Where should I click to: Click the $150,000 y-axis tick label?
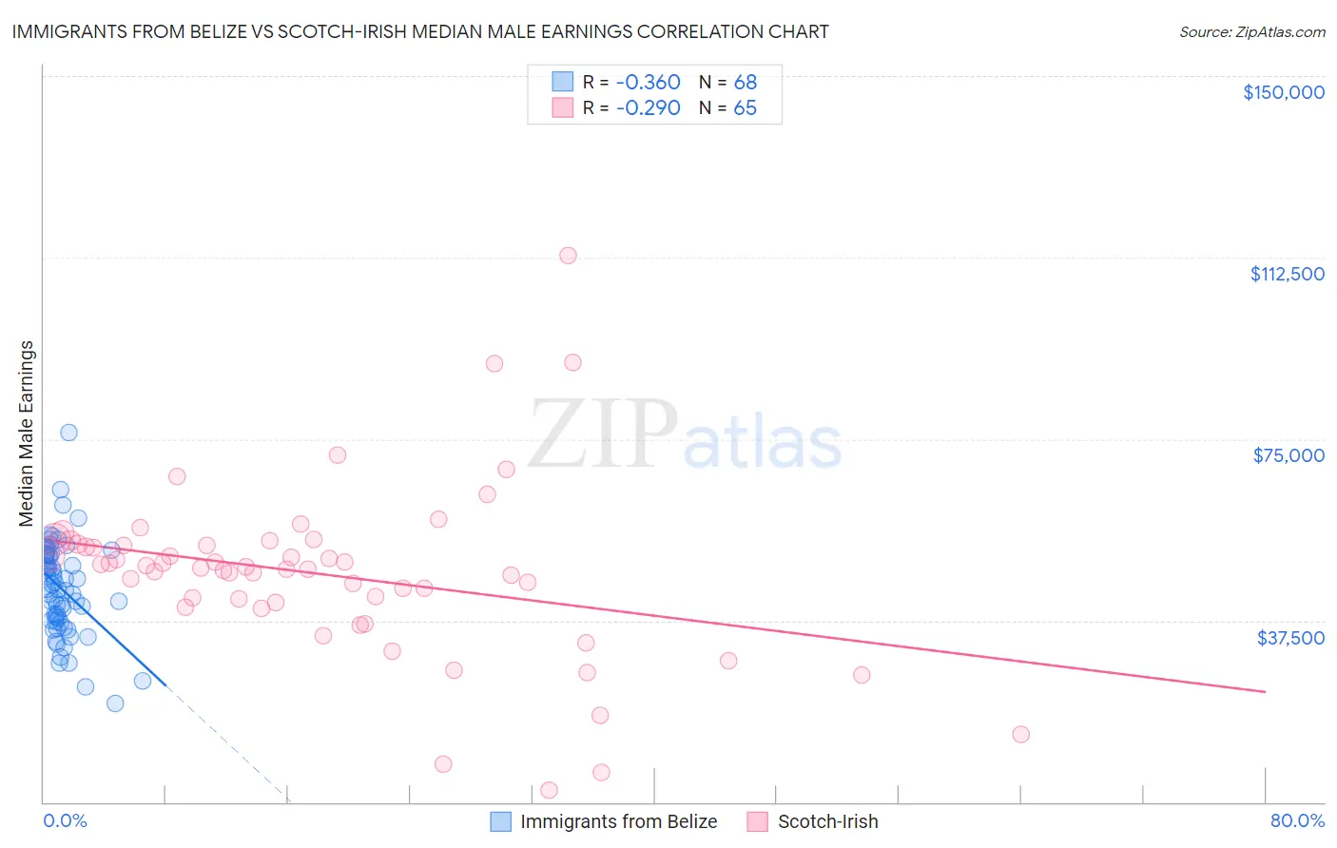(1283, 92)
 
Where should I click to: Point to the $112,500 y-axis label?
(1287, 274)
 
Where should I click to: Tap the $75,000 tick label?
(1289, 455)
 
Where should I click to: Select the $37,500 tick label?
(1290, 638)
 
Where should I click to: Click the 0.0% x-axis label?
(65, 820)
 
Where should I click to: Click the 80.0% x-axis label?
(1297, 820)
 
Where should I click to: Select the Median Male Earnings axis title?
(27, 434)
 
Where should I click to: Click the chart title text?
(420, 31)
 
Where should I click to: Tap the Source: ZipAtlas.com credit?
(1251, 31)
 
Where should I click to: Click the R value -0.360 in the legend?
(648, 83)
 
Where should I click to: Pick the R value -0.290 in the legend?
(648, 108)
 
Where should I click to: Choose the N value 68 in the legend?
(745, 83)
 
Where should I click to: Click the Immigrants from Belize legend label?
(618, 821)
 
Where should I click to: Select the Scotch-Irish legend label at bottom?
(827, 821)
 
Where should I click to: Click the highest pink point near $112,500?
(568, 255)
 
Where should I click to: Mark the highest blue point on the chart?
(68, 433)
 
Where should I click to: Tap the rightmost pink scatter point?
(1020, 734)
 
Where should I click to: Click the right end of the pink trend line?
(1265, 691)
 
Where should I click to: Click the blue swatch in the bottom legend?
(500, 821)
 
